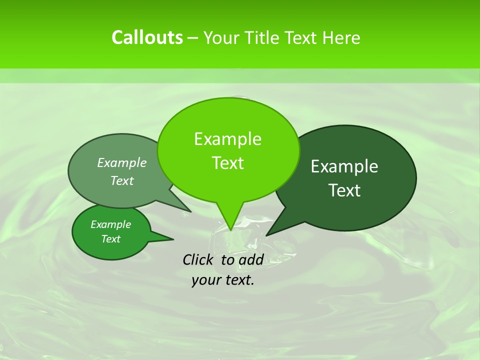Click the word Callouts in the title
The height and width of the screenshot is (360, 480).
147,37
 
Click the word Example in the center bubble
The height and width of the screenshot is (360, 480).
228,139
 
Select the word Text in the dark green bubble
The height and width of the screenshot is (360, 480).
344,190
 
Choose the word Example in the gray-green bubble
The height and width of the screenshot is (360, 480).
122,162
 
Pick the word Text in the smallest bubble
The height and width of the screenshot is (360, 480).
111,239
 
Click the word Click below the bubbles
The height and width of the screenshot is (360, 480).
199,259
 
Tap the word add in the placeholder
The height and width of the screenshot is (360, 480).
250,259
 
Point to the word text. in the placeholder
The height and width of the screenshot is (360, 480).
238,280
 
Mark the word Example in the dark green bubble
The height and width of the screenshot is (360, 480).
344,166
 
